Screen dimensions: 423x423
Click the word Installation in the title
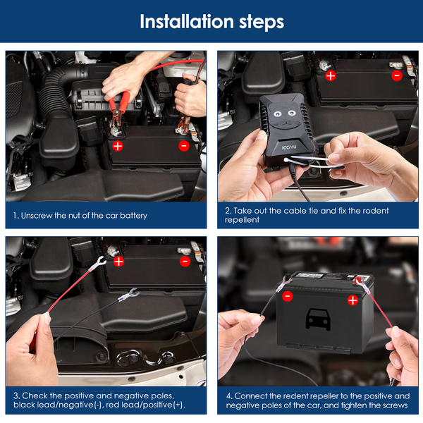pos(187,22)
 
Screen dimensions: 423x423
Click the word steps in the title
pos(262,23)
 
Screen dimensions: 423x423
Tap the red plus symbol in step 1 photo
pos(118,146)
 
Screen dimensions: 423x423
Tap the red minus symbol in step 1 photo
pos(184,146)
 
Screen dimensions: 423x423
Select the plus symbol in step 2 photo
pos(331,76)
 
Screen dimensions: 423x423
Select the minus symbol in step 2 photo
pos(397,76)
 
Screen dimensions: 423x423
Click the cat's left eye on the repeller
pos(277,114)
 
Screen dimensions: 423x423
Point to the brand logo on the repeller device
pos(289,147)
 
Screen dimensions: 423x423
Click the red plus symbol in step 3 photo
pos(118,262)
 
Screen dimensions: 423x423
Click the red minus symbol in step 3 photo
pos(185,262)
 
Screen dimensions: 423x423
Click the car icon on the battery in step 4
pos(318,319)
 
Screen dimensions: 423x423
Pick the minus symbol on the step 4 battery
pos(288,296)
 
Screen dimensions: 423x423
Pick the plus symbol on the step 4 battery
pos(353,300)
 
